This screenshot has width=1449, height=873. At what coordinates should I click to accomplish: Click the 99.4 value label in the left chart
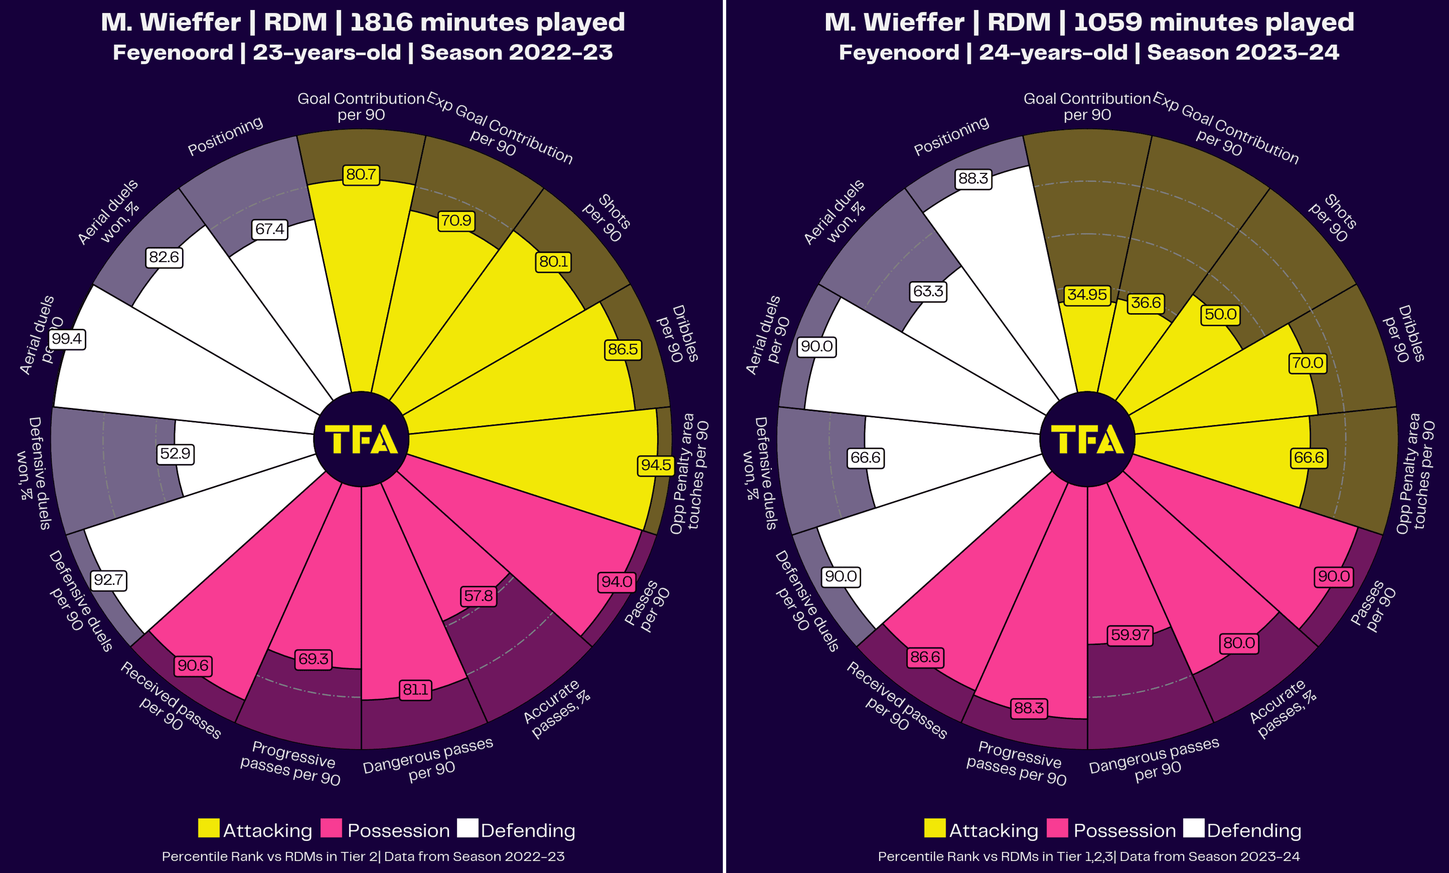67,339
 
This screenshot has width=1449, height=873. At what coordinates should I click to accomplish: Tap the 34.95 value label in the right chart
1087,294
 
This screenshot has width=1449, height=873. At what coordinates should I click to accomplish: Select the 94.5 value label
656,465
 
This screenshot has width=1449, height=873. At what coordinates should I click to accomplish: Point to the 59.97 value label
1130,635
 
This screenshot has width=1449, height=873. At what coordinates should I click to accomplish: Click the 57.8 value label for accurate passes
478,596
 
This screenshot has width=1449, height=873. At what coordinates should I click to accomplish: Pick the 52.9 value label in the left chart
175,454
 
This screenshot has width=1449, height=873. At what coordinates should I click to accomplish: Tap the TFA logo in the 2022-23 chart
361,439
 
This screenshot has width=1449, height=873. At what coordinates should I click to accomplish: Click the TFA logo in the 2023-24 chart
1087,439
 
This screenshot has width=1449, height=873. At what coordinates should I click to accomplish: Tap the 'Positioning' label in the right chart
951,136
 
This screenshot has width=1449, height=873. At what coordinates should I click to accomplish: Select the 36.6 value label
1146,303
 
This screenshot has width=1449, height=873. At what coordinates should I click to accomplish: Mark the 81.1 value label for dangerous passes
415,689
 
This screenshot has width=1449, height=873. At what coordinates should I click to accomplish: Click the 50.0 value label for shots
1220,314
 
